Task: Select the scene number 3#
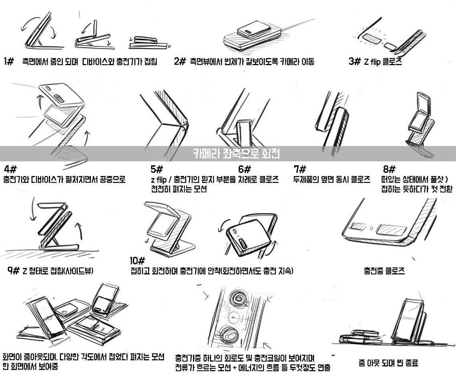point(355,62)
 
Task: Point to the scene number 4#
point(10,169)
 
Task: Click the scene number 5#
point(157,169)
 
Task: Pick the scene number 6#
point(244,169)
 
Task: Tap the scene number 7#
point(300,169)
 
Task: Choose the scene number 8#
point(389,169)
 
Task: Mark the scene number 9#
point(14,271)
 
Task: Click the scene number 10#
point(138,261)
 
